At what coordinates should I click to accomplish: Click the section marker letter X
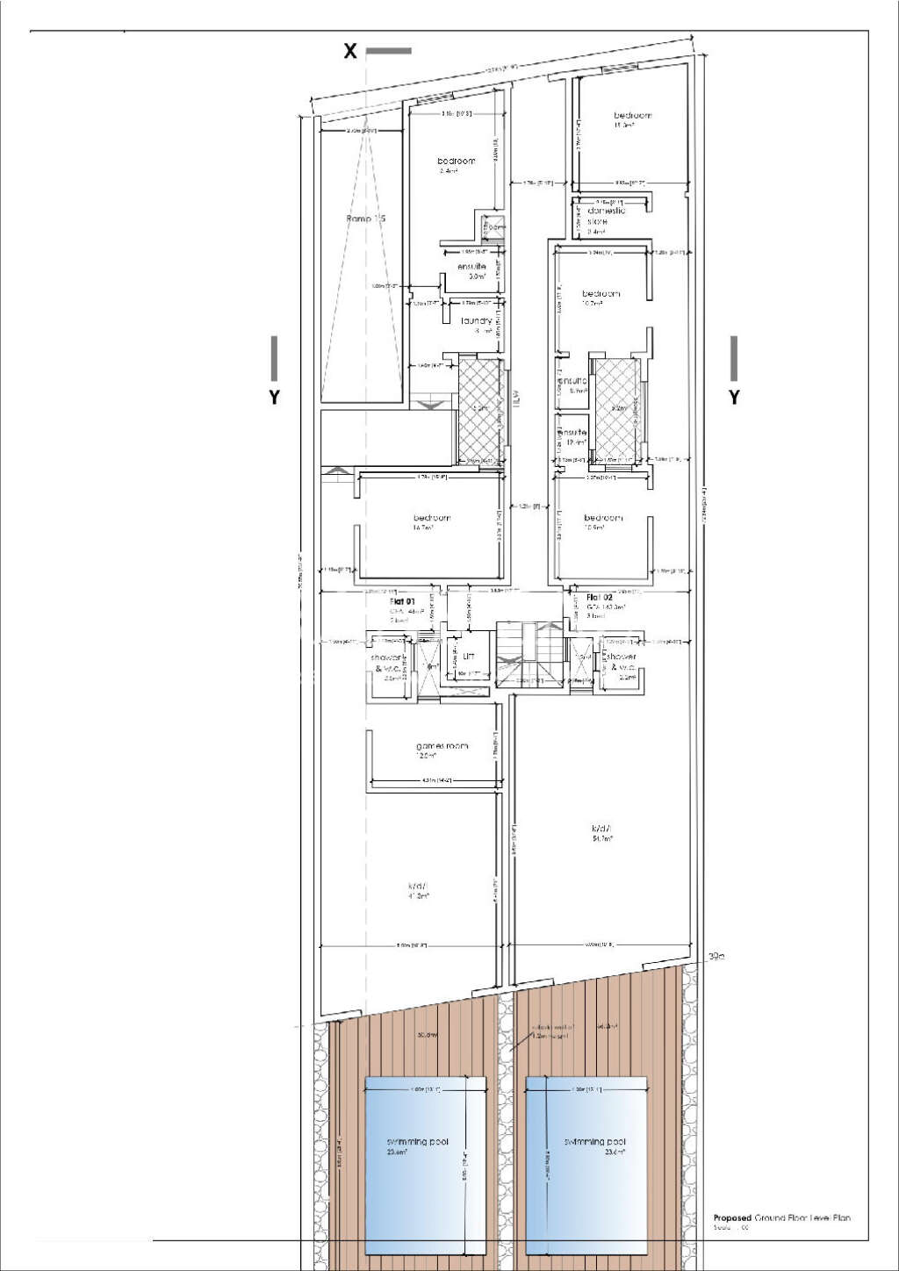click(349, 51)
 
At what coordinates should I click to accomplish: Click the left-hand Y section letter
click(275, 397)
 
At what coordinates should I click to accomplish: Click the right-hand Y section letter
click(734, 397)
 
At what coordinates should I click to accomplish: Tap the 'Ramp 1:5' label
click(366, 218)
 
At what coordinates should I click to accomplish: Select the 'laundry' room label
click(477, 321)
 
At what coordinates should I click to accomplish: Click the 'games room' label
click(442, 746)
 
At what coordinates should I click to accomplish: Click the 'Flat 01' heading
click(402, 603)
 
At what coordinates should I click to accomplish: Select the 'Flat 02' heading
click(600, 597)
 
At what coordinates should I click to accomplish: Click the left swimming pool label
click(418, 1142)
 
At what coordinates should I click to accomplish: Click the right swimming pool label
click(595, 1142)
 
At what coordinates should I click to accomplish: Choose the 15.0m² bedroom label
click(632, 116)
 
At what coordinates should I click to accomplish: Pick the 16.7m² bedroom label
click(431, 518)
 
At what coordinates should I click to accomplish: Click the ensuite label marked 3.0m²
click(472, 267)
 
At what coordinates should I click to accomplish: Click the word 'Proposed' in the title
click(732, 1217)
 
